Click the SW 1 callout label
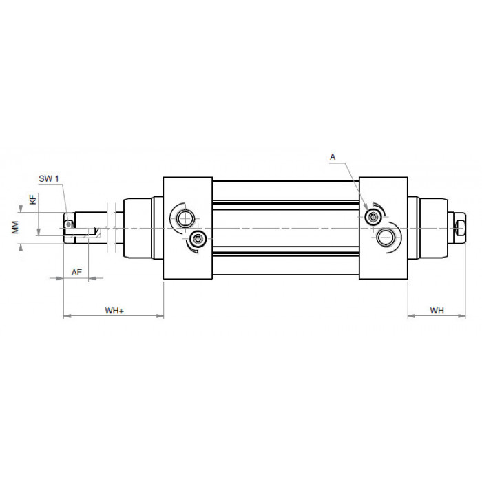tap(49, 178)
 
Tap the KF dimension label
tap(32, 198)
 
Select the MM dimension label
tap(15, 227)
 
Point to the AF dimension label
tap(77, 273)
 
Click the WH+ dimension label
tap(114, 311)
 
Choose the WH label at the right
tap(437, 311)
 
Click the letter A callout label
tap(333, 157)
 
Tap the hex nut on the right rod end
tap(460, 228)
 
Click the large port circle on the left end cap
tap(186, 219)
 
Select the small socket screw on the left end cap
tap(198, 238)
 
